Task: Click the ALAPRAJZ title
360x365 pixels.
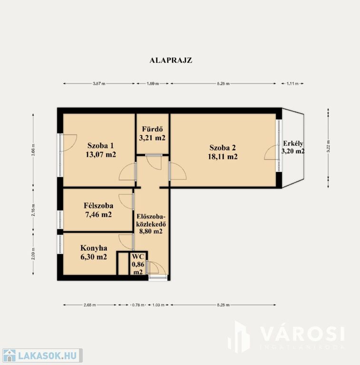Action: pyautogui.click(x=171, y=60)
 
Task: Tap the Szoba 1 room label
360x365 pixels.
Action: pyautogui.click(x=101, y=146)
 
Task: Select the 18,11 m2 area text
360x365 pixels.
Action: pyautogui.click(x=223, y=157)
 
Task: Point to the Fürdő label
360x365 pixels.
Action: pyautogui.click(x=152, y=129)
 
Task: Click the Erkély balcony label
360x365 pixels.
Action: pyautogui.click(x=293, y=143)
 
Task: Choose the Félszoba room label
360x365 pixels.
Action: pyautogui.click(x=98, y=205)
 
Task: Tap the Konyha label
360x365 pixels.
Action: pyautogui.click(x=94, y=248)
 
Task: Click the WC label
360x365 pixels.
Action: pyautogui.click(x=138, y=257)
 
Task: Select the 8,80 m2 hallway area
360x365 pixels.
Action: pyautogui.click(x=151, y=231)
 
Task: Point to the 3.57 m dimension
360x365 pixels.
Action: pyautogui.click(x=99, y=84)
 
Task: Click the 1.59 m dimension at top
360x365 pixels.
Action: pyautogui.click(x=153, y=84)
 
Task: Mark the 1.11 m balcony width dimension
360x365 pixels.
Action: pyautogui.click(x=292, y=84)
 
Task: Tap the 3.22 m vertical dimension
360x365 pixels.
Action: pyautogui.click(x=328, y=146)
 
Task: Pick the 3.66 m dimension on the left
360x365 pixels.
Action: pyautogui.click(x=33, y=150)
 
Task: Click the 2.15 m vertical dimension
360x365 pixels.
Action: pyautogui.click(x=33, y=210)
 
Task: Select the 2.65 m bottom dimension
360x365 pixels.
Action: pyautogui.click(x=90, y=305)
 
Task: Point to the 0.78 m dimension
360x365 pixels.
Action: pyautogui.click(x=138, y=305)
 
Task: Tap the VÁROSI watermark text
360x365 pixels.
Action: pyautogui.click(x=302, y=334)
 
